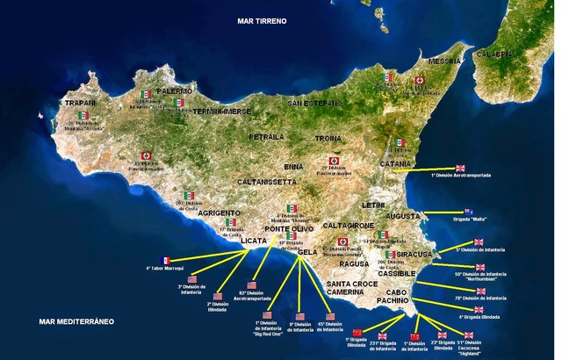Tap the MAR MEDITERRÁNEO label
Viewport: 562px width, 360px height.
click(x=77, y=322)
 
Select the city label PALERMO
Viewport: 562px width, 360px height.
click(x=175, y=90)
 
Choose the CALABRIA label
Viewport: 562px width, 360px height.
click(x=520, y=54)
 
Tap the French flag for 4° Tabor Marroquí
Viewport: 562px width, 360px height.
click(x=167, y=260)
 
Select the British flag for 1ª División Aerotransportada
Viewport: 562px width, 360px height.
click(x=462, y=167)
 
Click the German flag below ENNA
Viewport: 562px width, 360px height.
click(x=333, y=162)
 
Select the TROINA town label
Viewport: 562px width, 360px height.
click(x=327, y=139)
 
